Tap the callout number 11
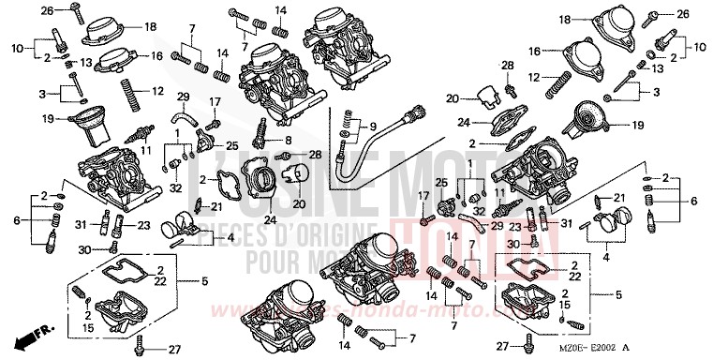click(144, 149)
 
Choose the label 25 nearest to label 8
click(231, 146)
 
